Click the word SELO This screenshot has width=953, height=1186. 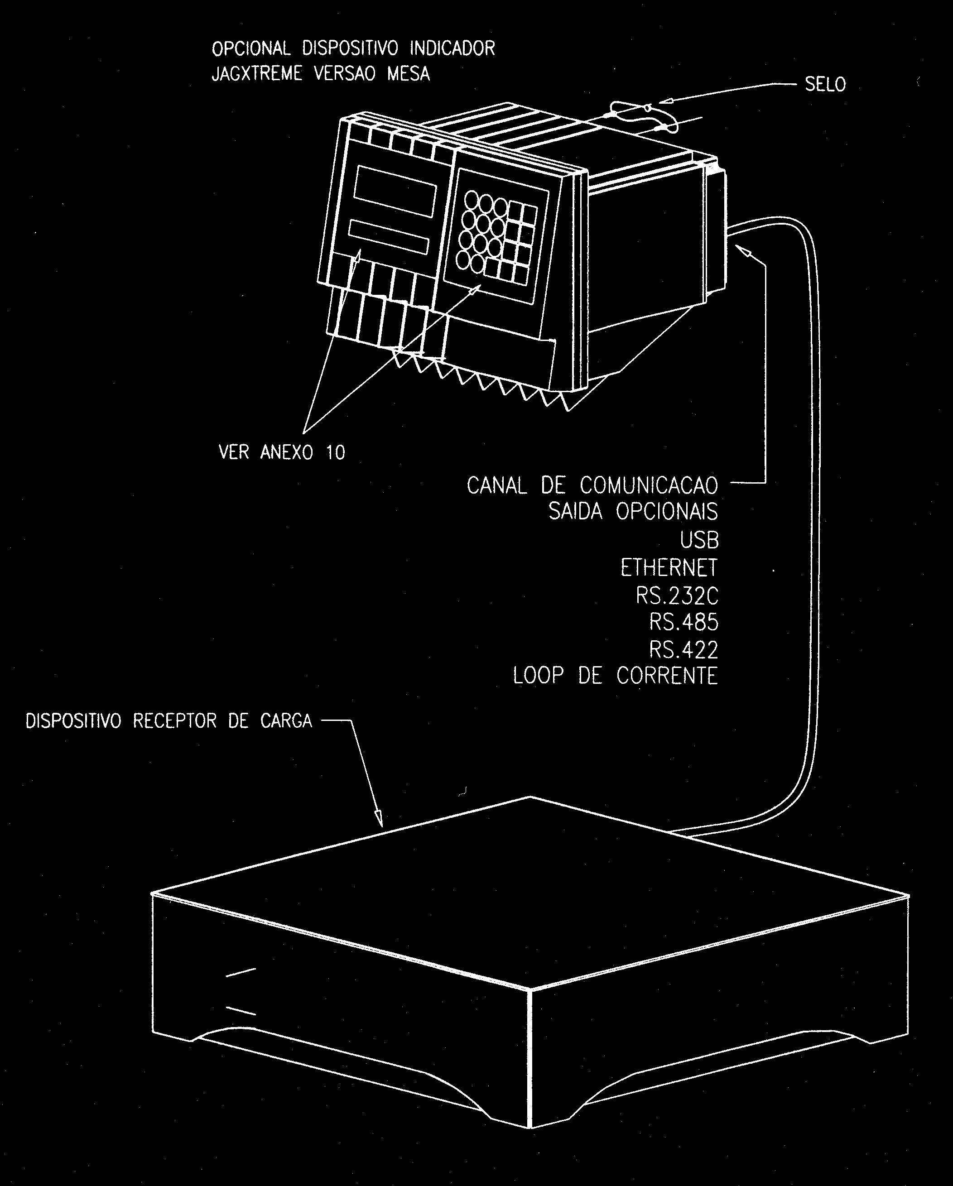(825, 85)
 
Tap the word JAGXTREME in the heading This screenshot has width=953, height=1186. (257, 74)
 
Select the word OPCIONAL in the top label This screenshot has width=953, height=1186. (251, 48)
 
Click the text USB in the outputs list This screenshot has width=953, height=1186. (699, 540)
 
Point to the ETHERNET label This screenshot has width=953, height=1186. (669, 568)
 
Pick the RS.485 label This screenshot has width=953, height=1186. (684, 622)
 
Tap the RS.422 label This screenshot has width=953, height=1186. (684, 650)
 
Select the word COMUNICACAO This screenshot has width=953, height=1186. (649, 485)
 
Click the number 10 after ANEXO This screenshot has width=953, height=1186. (335, 452)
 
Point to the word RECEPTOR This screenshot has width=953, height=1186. (175, 720)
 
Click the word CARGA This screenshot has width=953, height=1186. (286, 720)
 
